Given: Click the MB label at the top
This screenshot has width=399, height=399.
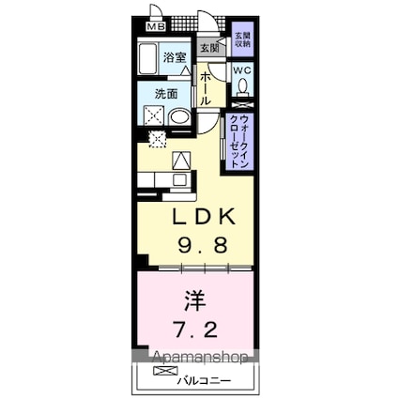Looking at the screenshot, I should click(154, 26).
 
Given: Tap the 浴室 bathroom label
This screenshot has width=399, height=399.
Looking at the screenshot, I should click(176, 58).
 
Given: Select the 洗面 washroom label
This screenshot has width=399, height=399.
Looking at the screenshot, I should click(167, 94).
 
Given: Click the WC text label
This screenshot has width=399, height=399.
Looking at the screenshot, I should click(241, 69).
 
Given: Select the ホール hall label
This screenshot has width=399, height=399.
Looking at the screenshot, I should click(206, 85).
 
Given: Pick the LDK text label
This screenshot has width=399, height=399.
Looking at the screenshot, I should click(200, 218).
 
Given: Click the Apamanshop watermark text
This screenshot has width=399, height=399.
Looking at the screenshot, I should click(196, 358).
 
